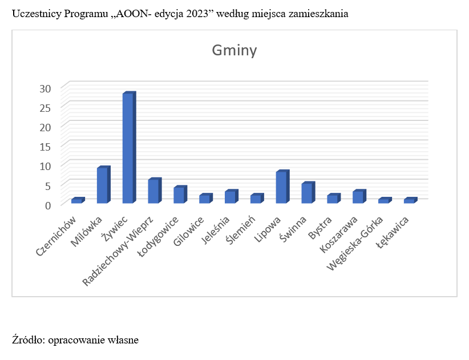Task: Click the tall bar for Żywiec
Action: [128, 148]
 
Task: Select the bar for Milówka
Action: [102, 185]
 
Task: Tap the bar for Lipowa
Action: [281, 187]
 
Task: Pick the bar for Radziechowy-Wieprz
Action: [153, 191]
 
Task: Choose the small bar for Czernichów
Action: [76, 201]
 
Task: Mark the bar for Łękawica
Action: [409, 201]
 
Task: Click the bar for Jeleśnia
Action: [230, 197]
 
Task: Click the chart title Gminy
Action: [234, 51]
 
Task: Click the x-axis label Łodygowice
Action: [160, 236]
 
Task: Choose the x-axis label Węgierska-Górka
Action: [353, 242]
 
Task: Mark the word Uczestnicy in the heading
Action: [34, 14]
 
